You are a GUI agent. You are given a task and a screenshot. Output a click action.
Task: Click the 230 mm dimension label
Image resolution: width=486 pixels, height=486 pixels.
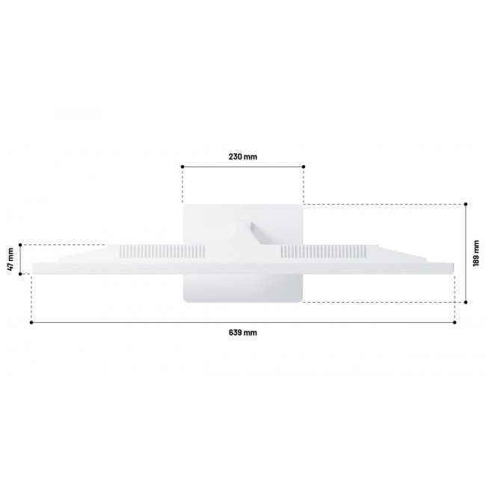coord(243,156)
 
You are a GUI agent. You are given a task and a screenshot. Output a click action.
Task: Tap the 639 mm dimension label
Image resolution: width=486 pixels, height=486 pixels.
coord(243,333)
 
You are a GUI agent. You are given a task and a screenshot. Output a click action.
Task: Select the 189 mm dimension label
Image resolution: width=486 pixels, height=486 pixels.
coord(476,253)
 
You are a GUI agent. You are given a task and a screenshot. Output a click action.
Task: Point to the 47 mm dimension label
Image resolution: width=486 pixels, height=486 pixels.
coord(10,259)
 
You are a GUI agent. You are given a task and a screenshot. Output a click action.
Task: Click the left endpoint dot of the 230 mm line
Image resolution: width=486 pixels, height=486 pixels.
coord(182,167)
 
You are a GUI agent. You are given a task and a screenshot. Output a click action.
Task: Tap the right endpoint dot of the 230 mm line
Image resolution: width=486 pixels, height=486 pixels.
coord(304,167)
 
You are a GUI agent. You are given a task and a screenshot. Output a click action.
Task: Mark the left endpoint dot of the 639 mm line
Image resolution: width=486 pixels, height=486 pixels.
coord(31,322)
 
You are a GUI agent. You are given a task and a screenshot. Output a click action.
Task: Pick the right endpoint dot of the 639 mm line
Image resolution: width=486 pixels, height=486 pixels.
coord(455,322)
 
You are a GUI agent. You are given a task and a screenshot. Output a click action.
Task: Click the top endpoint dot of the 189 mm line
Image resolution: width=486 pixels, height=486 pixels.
coord(466,204)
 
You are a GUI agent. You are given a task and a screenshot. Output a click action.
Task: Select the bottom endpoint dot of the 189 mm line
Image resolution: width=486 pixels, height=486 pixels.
coord(466,302)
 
